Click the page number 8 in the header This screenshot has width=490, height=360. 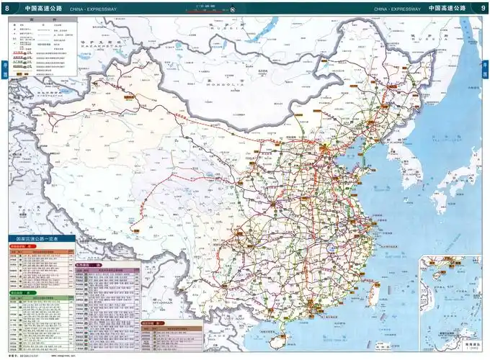(x=7, y=7)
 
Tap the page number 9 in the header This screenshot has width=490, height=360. (x=481, y=7)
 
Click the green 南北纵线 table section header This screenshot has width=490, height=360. (x=19, y=293)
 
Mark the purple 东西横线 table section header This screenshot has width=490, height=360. (x=86, y=264)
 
